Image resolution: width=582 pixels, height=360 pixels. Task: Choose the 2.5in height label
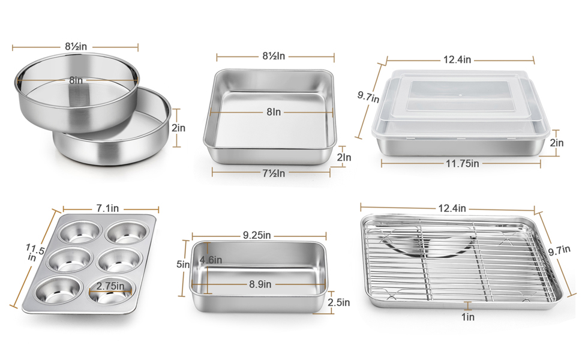pyautogui.click(x=339, y=303)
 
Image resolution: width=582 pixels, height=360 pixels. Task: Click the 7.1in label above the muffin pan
pyautogui.click(x=109, y=209)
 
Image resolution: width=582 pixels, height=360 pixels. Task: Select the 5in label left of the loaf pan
pyautogui.click(x=187, y=264)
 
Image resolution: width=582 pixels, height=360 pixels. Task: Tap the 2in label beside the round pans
pyautogui.click(x=178, y=128)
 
